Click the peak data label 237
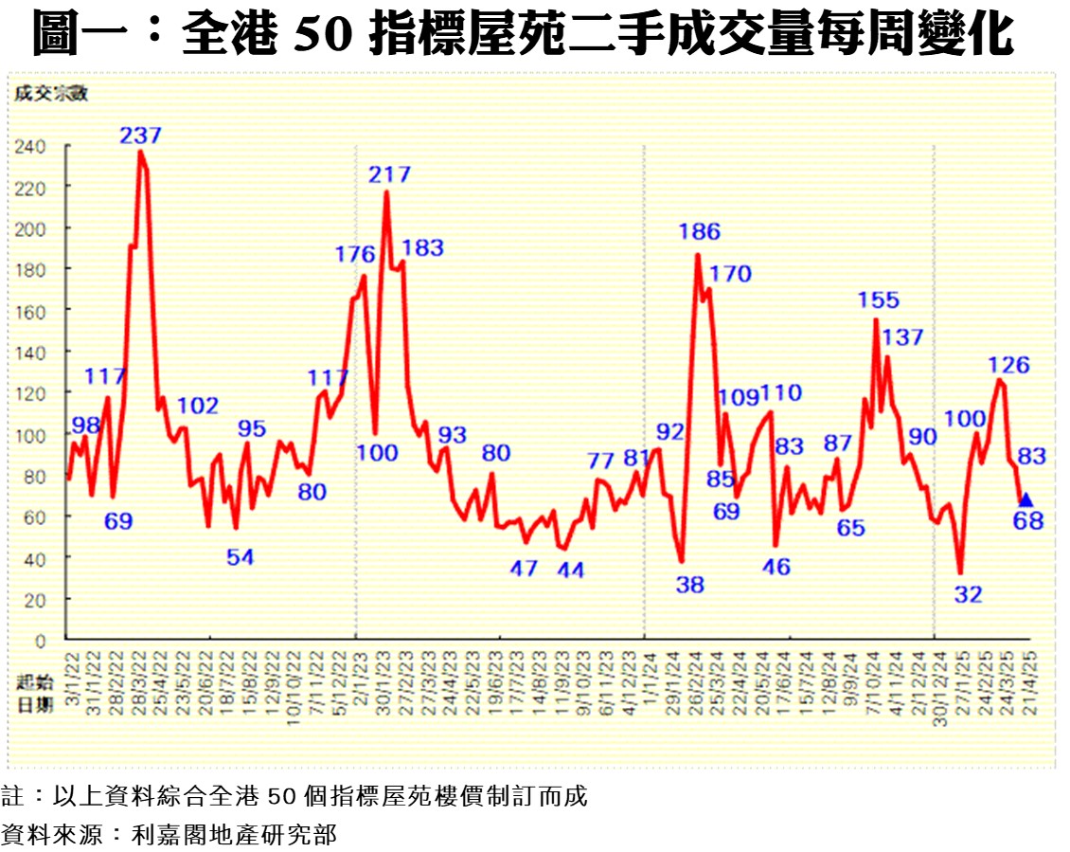coord(140,136)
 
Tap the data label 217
coord(390,174)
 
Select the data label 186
coord(700,231)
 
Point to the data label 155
coord(878,300)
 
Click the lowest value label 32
coord(968,595)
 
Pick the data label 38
coord(690,585)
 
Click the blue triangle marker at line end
coord(1025,499)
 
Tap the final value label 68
coord(1028,520)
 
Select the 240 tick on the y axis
coord(31,147)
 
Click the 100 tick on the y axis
coord(31,435)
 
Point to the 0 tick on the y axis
coord(40,641)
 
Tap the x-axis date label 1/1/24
coord(648,676)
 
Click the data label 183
coord(423,248)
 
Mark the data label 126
coord(1008,365)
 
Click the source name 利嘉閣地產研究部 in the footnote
coord(233,835)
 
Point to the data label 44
coord(570,571)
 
